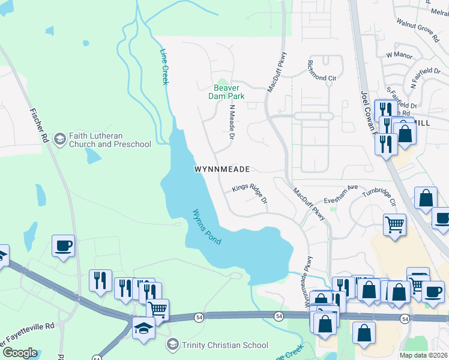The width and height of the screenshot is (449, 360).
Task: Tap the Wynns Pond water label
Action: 206,226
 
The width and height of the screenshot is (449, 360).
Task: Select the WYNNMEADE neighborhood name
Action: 221,170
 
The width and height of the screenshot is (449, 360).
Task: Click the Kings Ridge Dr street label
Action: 249,194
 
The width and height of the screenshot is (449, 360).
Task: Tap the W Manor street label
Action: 397,55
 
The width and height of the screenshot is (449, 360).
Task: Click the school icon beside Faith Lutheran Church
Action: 59,139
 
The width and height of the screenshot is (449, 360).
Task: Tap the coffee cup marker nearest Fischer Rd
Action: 63,246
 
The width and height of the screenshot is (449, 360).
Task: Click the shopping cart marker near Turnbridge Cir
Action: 394,225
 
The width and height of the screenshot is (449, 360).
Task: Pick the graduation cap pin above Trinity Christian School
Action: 143,328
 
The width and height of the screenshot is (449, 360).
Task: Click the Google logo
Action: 19,352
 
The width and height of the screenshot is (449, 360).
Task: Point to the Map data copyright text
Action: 423,355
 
